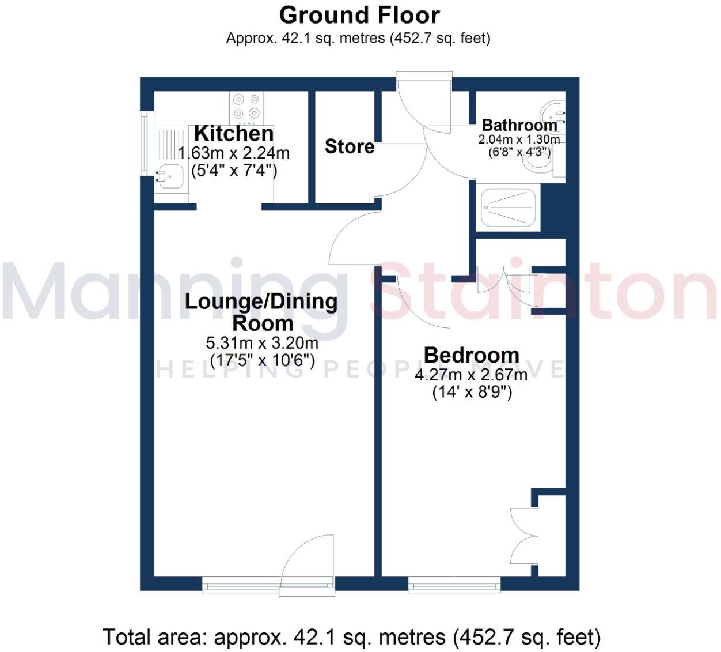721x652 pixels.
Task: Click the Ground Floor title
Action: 359,15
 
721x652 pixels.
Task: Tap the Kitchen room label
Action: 234,133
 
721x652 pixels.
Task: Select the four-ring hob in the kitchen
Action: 247,107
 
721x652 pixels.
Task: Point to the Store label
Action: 349,146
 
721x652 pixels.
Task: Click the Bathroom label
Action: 519,125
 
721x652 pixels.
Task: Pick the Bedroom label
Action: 471,355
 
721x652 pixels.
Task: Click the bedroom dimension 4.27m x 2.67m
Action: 471,375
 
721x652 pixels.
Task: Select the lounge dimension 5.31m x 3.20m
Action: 262,343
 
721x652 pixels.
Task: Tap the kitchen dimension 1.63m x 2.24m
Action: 234,153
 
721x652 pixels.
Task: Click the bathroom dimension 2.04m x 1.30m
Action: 519,140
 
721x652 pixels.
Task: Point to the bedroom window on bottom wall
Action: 454,586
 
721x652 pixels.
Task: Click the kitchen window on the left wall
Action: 143,143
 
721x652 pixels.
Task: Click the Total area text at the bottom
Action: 351,637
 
